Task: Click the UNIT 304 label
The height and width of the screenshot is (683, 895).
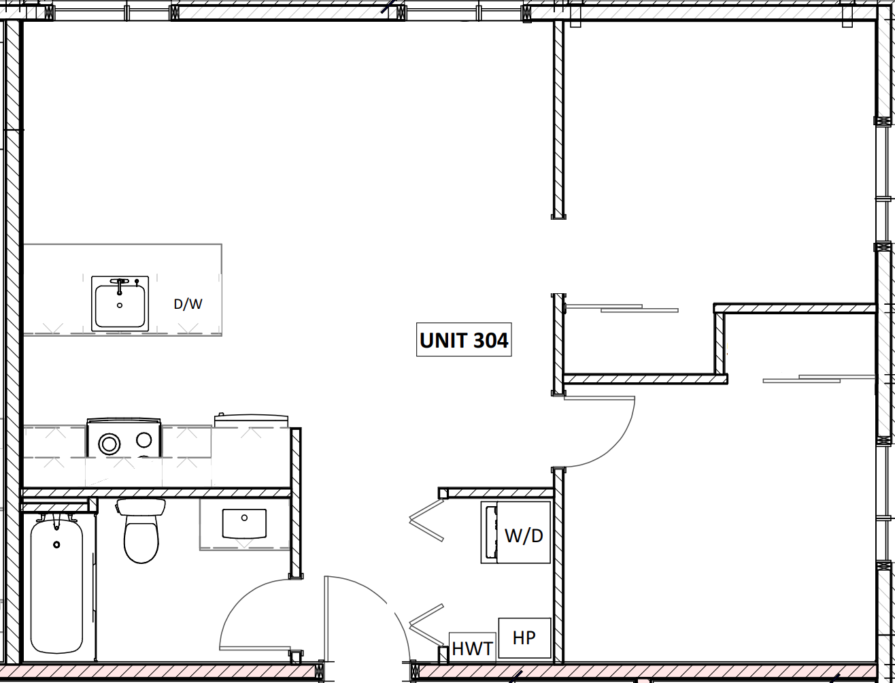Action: (464, 340)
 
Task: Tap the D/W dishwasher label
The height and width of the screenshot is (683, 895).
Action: (188, 304)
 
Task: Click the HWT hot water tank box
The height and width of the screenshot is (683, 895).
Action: (473, 648)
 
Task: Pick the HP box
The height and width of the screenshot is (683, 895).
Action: (524, 637)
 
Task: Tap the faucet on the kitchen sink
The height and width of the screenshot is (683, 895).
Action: (120, 282)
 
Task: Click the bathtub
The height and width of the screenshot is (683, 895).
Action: (56, 586)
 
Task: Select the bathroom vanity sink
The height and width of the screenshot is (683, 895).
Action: (244, 524)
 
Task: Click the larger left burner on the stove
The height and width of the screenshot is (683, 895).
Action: (109, 444)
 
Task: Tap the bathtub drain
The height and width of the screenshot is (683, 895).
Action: (56, 544)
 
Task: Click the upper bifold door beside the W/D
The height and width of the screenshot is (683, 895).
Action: (426, 520)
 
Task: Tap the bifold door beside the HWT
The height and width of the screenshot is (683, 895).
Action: (427, 624)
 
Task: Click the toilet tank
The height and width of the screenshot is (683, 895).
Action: (141, 507)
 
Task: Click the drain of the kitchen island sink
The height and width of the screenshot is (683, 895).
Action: (120, 305)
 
